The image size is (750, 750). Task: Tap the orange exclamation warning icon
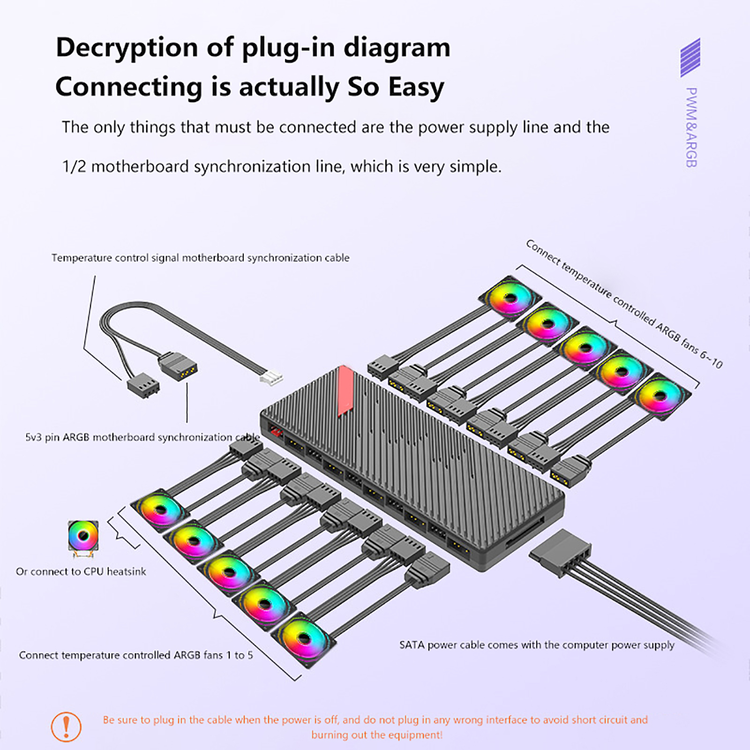click(x=66, y=727)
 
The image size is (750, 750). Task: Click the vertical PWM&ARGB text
click(x=691, y=127)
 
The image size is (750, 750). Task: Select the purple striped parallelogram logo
click(x=690, y=58)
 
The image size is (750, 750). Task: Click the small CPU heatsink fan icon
click(x=83, y=538)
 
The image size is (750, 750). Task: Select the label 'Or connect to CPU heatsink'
click(x=81, y=571)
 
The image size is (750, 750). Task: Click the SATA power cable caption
click(x=537, y=645)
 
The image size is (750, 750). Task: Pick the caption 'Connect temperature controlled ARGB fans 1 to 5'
click(x=136, y=655)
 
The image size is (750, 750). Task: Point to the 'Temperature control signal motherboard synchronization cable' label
click(x=200, y=258)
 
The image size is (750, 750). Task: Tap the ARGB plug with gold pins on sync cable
click(x=180, y=367)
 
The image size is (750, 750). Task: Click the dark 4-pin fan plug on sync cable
click(x=143, y=387)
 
